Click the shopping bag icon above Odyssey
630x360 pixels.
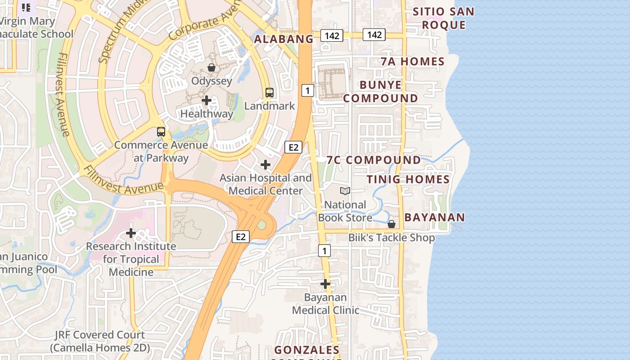(211, 67)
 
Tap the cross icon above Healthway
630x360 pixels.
(207, 100)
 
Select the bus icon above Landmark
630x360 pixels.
(269, 93)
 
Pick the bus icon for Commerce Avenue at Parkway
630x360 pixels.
(161, 132)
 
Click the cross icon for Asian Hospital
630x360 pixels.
(265, 165)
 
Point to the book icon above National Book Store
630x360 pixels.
(345, 191)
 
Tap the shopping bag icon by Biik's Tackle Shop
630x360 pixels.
(391, 224)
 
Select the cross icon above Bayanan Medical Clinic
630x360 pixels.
(325, 284)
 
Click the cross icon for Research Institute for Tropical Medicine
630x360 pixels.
(131, 233)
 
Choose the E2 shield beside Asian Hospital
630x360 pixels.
(293, 147)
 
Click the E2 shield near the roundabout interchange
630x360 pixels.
(241, 237)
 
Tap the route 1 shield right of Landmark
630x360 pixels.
(307, 90)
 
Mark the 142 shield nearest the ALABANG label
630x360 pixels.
(332, 36)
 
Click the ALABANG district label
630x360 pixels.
(283, 39)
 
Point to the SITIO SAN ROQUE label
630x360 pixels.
(443, 18)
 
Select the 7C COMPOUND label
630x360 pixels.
(373, 160)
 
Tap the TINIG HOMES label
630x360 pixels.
(408, 180)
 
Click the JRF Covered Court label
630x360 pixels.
(100, 341)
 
